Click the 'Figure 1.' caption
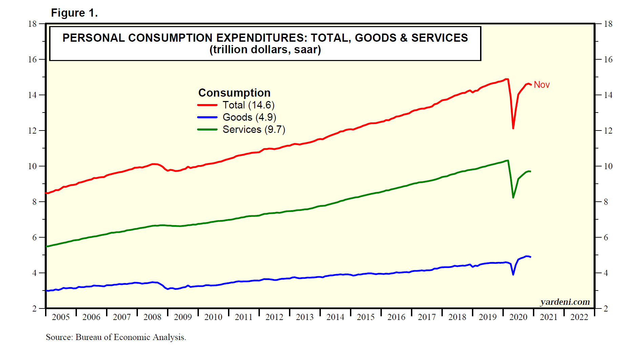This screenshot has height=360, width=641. (74, 13)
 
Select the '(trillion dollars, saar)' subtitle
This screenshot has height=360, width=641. (265, 50)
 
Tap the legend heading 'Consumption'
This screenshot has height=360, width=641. (234, 93)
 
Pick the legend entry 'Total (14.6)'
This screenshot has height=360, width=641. (248, 105)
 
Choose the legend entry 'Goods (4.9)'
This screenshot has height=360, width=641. (249, 117)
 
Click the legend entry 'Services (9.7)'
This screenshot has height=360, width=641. (254, 129)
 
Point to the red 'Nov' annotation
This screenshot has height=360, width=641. (541, 85)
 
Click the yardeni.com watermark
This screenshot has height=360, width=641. (565, 302)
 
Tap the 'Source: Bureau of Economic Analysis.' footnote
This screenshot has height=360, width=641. (116, 337)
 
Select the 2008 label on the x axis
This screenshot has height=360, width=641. (152, 317)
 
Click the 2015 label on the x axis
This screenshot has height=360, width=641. (366, 317)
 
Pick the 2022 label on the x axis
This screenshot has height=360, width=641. (579, 317)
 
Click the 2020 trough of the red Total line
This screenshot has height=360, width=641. (513, 128)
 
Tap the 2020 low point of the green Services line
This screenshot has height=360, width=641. (513, 197)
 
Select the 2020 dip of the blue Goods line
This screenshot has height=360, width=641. (513, 274)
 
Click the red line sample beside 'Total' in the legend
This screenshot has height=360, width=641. (207, 105)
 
